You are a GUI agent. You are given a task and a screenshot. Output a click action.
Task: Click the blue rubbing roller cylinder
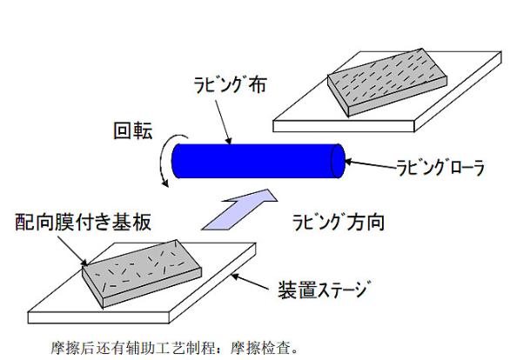tap(258, 161)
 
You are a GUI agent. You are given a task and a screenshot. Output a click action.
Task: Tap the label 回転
tap(132, 131)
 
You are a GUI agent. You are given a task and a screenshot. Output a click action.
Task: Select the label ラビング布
tap(230, 85)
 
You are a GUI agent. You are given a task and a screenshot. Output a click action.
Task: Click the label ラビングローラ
tap(440, 168)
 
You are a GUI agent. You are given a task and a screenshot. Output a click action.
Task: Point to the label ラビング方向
tap(339, 223)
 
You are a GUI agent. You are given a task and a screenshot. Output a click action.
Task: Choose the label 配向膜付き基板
tap(84, 223)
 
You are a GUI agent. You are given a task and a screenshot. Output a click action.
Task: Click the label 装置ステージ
tap(324, 290)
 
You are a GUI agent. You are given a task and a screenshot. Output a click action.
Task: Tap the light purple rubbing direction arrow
tap(239, 210)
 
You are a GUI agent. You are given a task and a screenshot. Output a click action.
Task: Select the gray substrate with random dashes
tap(142, 274)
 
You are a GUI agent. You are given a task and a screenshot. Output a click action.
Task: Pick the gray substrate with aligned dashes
tap(387, 83)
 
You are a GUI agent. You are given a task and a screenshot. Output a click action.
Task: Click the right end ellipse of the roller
tap(338, 161)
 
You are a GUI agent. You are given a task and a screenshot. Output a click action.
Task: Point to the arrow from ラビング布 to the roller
tap(223, 122)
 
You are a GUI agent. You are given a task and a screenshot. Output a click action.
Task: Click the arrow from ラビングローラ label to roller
tap(370, 164)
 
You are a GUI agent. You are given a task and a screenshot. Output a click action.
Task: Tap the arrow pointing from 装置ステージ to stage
tap(250, 282)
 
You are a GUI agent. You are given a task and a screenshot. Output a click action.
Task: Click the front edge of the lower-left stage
tap(98, 317)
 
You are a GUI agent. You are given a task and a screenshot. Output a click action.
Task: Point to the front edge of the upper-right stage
tap(344, 126)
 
